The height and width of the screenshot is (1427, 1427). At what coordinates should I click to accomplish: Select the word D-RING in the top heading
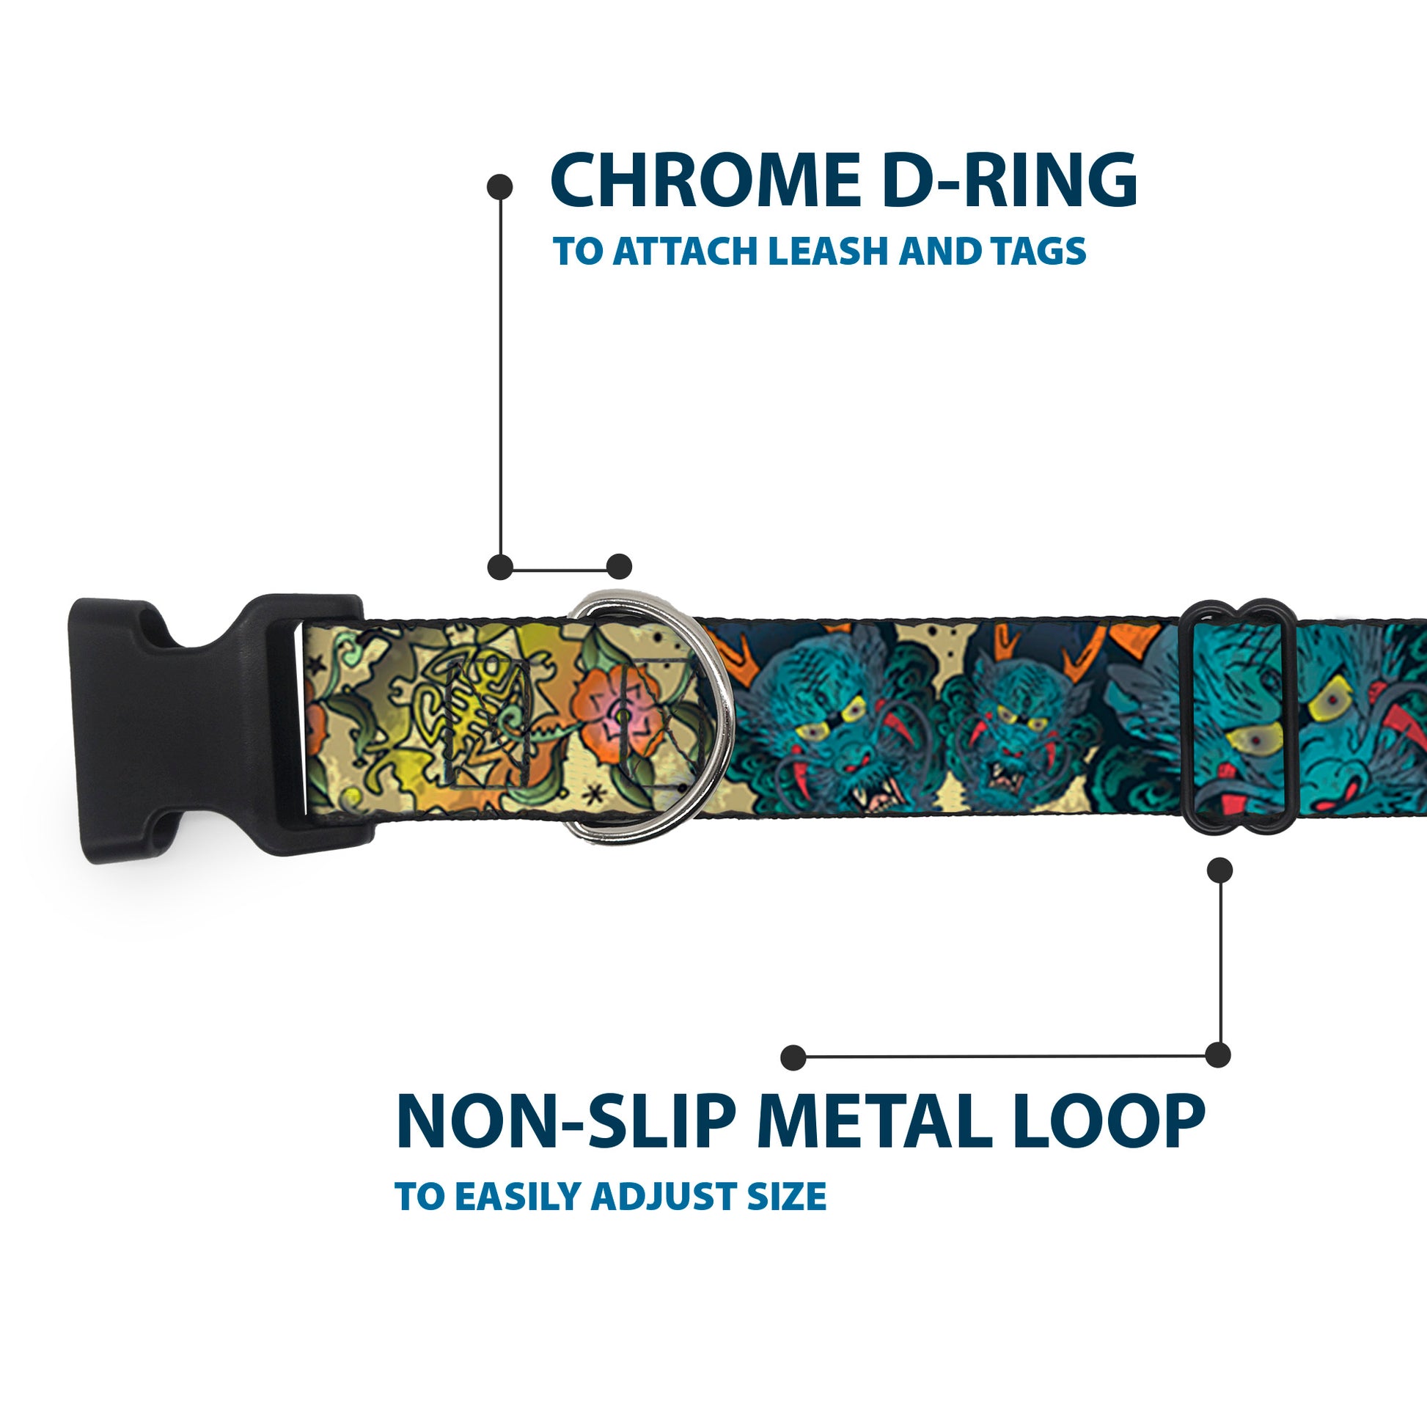pyautogui.click(x=1010, y=180)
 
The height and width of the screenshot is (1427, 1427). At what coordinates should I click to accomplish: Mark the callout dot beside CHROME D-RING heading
pyautogui.click(x=500, y=186)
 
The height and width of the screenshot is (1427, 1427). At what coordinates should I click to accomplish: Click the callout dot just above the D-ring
pyautogui.click(x=619, y=567)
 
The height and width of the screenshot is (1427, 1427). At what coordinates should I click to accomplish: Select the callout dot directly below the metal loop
pyautogui.click(x=1219, y=870)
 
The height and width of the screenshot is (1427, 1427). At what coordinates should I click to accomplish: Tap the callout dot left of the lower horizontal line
pyautogui.click(x=793, y=1057)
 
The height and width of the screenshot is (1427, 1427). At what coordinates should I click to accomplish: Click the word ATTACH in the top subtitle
pyautogui.click(x=688, y=252)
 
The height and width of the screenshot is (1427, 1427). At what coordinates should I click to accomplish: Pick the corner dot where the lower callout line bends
pyautogui.click(x=1218, y=1054)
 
